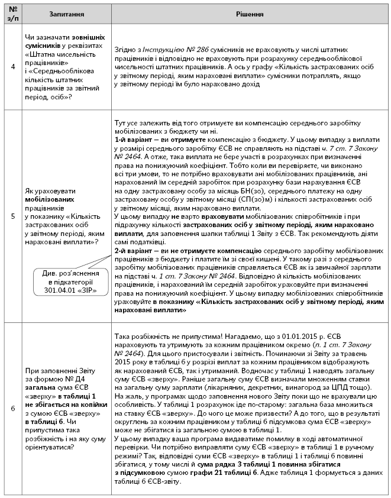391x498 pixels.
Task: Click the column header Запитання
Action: tap(62, 14)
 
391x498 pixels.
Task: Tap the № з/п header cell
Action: tap(13, 14)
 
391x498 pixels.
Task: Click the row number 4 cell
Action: tap(13, 67)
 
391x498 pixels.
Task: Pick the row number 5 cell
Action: tap(13, 216)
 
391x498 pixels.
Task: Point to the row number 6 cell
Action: tap(13, 408)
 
